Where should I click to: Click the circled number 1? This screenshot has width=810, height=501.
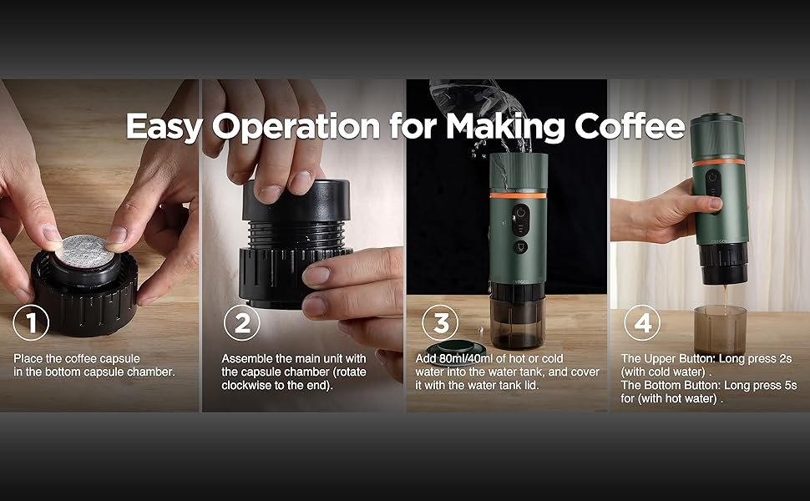click(31, 323)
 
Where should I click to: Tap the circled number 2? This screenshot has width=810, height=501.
click(242, 323)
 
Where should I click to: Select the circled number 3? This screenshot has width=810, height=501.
click(440, 323)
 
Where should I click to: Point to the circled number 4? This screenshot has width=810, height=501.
click(642, 323)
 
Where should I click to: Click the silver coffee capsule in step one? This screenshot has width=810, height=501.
click(84, 250)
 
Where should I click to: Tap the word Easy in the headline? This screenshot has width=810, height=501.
click(163, 127)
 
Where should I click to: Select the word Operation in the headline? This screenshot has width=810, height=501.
click(296, 127)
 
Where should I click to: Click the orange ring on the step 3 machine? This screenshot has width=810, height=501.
click(518, 195)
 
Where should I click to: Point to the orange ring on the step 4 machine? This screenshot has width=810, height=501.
click(719, 162)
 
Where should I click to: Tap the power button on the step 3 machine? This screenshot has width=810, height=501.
click(520, 213)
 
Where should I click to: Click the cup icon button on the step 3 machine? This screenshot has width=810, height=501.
click(520, 246)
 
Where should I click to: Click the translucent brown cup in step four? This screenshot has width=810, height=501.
click(721, 330)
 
